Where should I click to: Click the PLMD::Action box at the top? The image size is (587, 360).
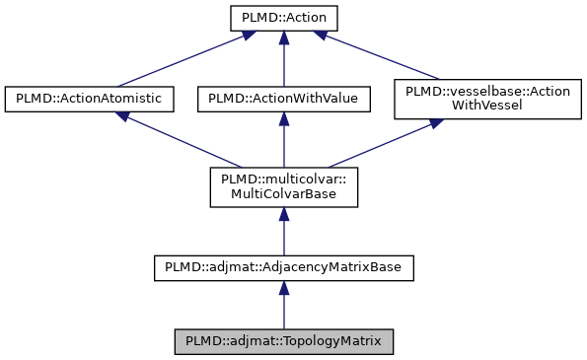(283, 18)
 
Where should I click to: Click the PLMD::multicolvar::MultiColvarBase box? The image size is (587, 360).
(283, 186)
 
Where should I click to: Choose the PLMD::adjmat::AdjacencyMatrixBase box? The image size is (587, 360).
(283, 266)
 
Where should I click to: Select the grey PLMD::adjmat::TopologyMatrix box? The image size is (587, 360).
(283, 341)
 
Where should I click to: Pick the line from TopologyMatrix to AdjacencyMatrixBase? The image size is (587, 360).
(283, 310)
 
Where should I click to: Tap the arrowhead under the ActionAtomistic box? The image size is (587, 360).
(123, 116)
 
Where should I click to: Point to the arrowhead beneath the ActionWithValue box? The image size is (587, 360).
(283, 117)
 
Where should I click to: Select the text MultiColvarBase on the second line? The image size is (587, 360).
(283, 194)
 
